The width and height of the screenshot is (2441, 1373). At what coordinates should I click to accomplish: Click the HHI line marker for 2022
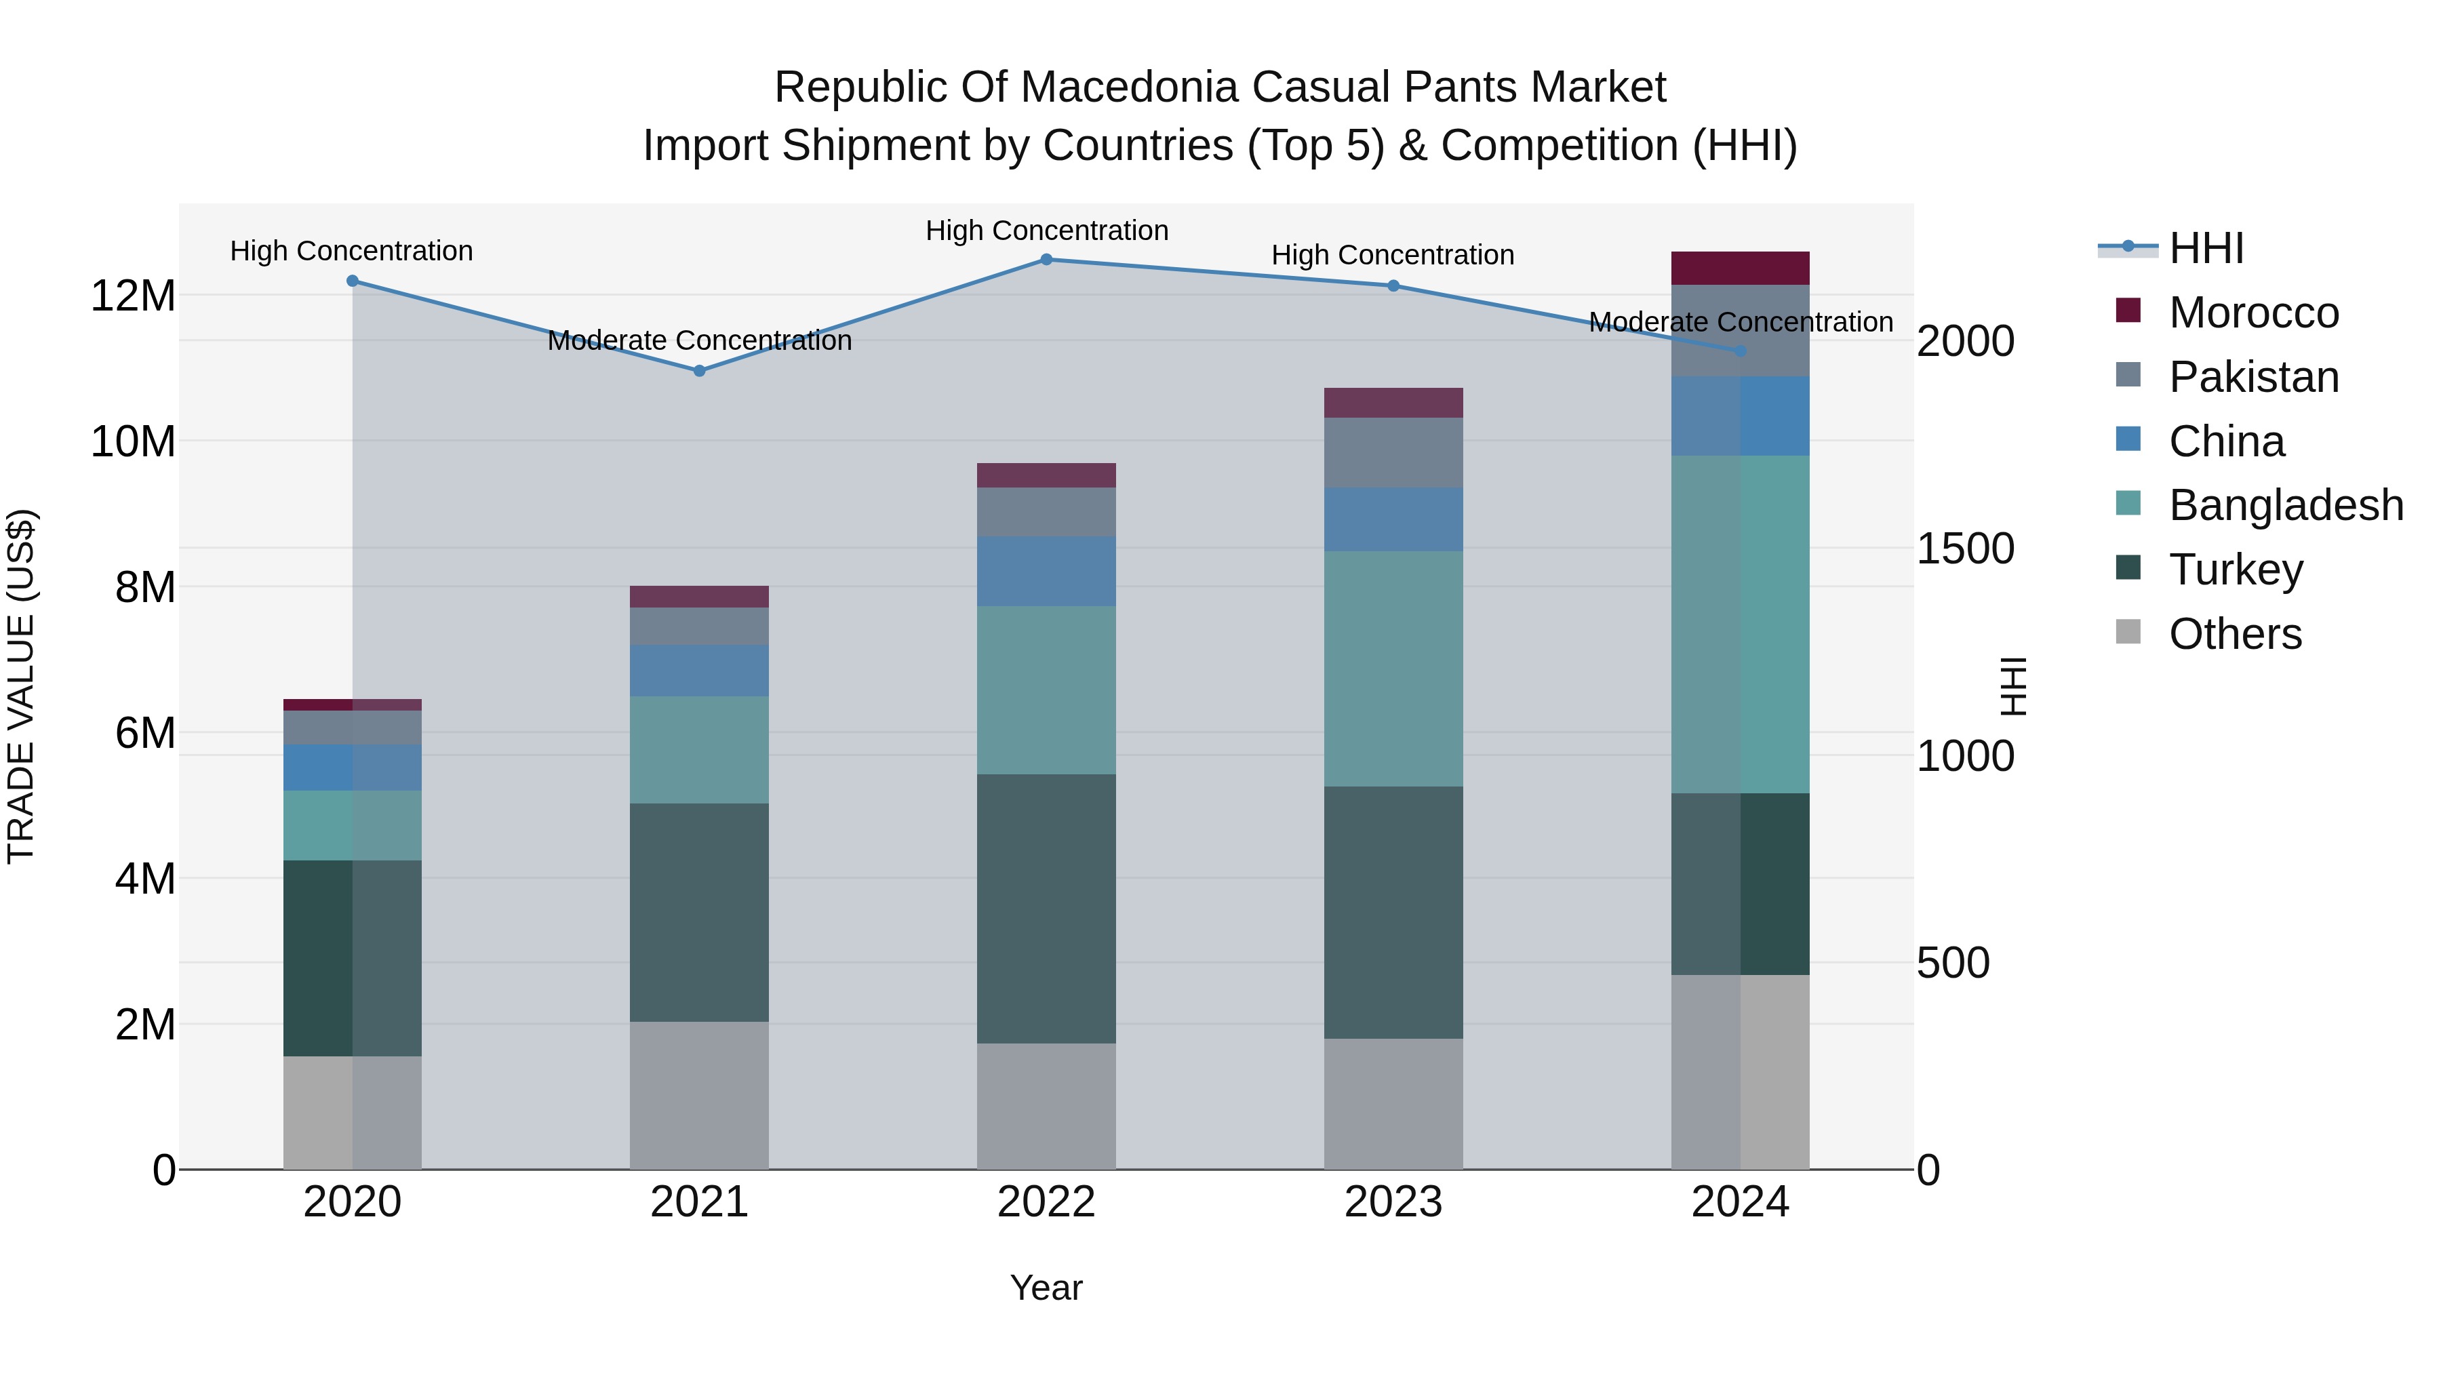click(x=1046, y=260)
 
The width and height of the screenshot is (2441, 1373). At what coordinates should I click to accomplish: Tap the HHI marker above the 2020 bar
click(x=353, y=281)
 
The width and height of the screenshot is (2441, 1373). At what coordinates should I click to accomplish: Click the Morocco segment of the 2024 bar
click(x=1740, y=268)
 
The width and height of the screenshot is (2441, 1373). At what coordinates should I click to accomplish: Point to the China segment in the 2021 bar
click(x=699, y=671)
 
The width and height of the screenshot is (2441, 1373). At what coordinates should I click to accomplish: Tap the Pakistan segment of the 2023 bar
click(x=1393, y=453)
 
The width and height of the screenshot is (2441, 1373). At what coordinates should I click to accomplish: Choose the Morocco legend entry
click(x=2253, y=313)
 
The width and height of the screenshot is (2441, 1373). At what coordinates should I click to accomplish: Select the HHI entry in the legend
click(x=2205, y=248)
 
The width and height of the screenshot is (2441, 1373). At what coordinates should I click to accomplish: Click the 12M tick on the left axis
click(x=133, y=296)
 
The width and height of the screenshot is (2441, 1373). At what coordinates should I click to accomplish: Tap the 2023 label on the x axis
click(x=1393, y=1202)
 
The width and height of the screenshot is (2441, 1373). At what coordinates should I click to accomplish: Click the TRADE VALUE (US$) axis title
click(x=21, y=686)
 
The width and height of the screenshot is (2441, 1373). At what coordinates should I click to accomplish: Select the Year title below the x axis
click(x=1046, y=1288)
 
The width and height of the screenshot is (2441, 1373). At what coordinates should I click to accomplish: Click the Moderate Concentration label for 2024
click(x=1740, y=322)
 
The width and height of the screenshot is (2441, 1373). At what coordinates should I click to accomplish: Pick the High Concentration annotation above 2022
click(x=1046, y=231)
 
